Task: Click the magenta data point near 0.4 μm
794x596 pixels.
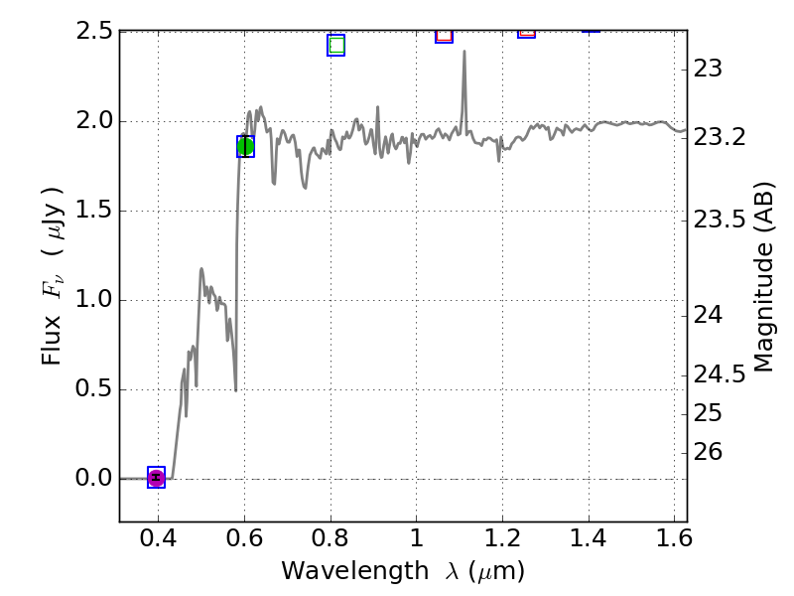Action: [156, 478]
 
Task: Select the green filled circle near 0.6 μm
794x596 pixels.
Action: [246, 146]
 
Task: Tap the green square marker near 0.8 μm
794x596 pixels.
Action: [335, 45]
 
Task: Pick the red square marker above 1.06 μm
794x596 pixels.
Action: [444, 35]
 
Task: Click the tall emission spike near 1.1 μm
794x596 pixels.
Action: [463, 54]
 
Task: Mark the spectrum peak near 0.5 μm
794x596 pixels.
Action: [201, 269]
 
